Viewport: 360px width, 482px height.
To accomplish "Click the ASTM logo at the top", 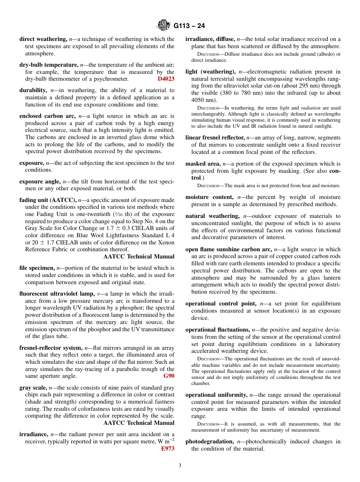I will pyautogui.click(x=164, y=26).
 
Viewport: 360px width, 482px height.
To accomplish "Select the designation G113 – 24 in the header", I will pyautogui.click(x=189, y=26).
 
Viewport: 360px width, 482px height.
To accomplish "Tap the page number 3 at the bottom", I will pyautogui.click(x=180, y=465).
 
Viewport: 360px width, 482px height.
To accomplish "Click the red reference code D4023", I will pyautogui.click(x=166, y=79).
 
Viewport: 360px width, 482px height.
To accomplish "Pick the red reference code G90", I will pyautogui.click(x=169, y=376).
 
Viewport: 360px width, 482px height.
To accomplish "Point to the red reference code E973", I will pyautogui.click(x=167, y=449).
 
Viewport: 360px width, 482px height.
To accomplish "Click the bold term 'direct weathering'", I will pyautogui.click(x=43, y=39).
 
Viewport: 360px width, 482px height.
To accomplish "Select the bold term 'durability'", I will pyautogui.click(x=33, y=90).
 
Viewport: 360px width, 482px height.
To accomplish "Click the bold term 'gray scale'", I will pyautogui.click(x=33, y=388).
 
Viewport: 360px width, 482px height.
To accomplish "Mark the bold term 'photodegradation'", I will pyautogui.click(x=209, y=441).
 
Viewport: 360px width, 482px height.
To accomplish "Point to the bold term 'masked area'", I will pyautogui.click(x=203, y=164).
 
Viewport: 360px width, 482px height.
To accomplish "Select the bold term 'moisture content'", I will pyautogui.click(x=209, y=197).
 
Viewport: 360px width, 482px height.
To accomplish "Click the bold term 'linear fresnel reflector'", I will pyautogui.click(x=215, y=138).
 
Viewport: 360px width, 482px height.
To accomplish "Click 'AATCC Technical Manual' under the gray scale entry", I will pyautogui.click(x=139, y=423).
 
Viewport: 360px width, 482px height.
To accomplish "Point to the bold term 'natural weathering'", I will pyautogui.click(x=212, y=216).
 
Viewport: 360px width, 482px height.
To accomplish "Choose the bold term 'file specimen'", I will pyautogui.click(x=37, y=268).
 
